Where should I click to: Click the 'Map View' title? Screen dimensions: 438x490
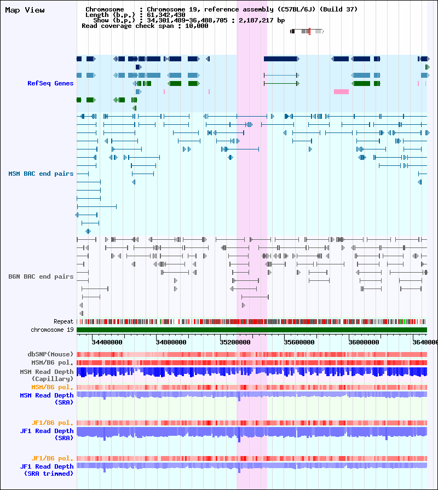[x=25, y=10]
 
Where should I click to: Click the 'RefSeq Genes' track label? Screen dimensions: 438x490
[x=50, y=83]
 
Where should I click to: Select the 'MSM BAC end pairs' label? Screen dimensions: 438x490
[x=41, y=174]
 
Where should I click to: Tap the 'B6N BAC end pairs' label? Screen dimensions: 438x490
[x=41, y=276]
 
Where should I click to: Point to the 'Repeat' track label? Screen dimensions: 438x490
[x=64, y=321]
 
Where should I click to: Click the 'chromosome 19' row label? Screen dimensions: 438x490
[x=52, y=330]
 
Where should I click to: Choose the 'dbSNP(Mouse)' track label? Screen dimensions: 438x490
[x=50, y=354]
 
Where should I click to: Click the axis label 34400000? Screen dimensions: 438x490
[x=107, y=342]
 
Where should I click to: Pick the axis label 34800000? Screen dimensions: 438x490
[x=171, y=342]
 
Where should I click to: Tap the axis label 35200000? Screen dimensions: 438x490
[x=235, y=342]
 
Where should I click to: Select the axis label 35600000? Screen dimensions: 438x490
[x=299, y=342]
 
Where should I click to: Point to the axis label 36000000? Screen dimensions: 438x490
[x=364, y=342]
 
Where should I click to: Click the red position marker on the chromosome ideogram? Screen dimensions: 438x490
[x=309, y=31]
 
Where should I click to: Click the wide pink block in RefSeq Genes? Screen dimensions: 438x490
[x=341, y=91]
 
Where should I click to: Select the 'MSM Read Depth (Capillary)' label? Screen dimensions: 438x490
[x=47, y=375]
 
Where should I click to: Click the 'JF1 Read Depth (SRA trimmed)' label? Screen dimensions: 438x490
[x=47, y=470]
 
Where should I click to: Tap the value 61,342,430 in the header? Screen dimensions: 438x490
[x=166, y=15]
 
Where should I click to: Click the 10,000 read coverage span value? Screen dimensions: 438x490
[x=197, y=26]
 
